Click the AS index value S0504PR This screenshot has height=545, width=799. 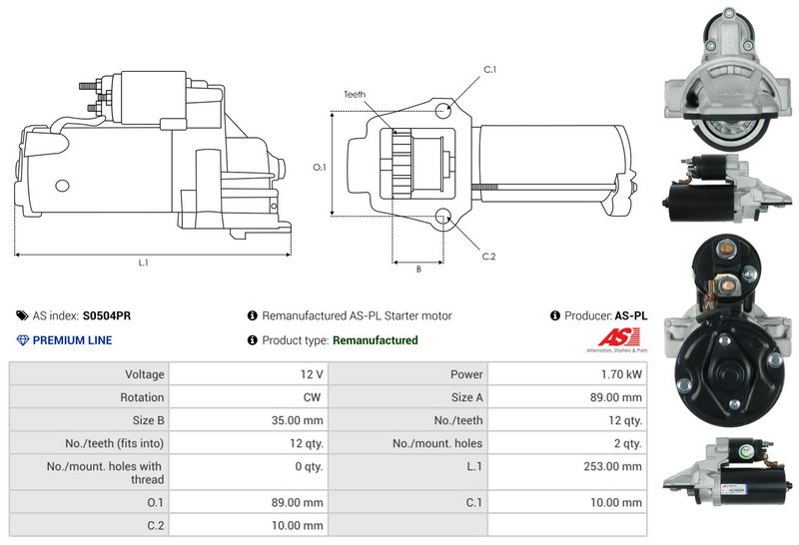pos(107,315)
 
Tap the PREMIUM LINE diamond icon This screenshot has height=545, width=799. pos(23,340)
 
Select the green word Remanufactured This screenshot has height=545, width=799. pos(375,340)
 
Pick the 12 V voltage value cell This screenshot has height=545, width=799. pos(311,374)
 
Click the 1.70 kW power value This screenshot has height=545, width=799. pos(621,374)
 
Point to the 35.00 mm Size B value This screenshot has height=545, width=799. pos(299,420)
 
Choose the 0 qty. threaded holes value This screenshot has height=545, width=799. pos(309,466)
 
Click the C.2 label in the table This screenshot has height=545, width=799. pos(156,525)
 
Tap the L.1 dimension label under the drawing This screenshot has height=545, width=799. pos(143,263)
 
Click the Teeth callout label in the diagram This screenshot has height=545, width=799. pos(355,95)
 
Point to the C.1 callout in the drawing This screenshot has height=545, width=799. pos(490,69)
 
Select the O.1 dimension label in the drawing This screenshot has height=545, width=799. pos(319,167)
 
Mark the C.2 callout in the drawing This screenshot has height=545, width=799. pos(488,257)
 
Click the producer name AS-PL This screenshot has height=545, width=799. pos(631,315)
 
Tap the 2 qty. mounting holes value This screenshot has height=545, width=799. pos(627,443)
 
